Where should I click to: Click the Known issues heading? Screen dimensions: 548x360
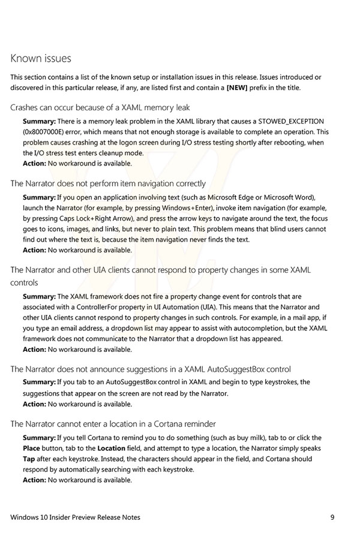(41, 59)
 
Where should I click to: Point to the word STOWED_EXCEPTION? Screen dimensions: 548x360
(290, 121)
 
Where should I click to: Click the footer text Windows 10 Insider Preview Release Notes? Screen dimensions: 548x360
(76, 517)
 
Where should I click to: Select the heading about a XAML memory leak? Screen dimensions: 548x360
(100, 108)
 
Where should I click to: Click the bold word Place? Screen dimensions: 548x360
(32, 448)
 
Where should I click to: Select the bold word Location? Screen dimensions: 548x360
(112, 448)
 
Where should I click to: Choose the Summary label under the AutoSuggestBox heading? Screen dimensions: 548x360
(39, 383)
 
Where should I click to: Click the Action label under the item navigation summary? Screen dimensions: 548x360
(34, 251)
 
